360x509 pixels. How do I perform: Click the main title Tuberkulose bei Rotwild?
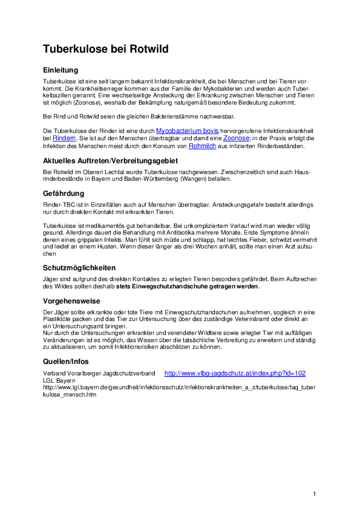click(105, 49)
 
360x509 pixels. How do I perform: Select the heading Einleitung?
click(61, 70)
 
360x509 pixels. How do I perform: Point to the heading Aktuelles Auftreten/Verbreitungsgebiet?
click(110, 160)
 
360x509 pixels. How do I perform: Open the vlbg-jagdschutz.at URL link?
click(235, 374)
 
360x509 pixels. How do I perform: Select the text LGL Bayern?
click(59, 381)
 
